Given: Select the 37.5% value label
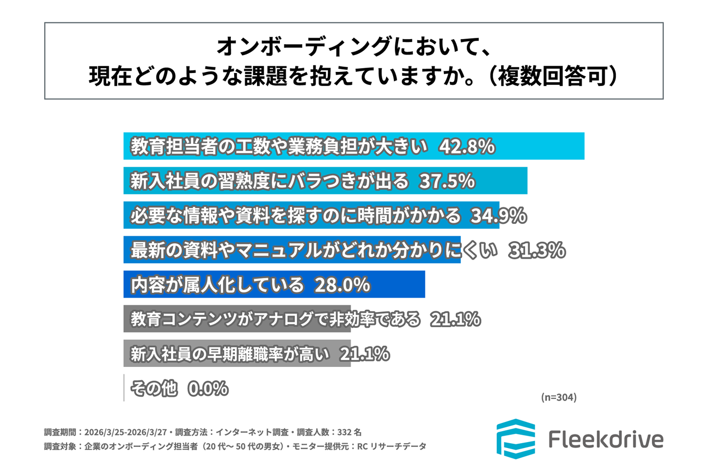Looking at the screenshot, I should coord(447,181).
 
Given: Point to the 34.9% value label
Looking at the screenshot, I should coord(497,216).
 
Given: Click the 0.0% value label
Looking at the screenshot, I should coord(207,388).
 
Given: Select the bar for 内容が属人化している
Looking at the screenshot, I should coord(274,284).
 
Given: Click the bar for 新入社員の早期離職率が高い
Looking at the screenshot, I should coord(237,354).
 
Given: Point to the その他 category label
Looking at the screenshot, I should coord(154,388).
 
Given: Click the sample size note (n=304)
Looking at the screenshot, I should coord(559,397).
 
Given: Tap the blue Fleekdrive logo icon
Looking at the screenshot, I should coord(515,439).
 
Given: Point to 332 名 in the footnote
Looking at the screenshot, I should coord(349,433).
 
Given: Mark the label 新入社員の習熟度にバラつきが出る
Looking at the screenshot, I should coord(269,181).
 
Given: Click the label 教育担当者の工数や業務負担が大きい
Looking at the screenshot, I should coord(277,146).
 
